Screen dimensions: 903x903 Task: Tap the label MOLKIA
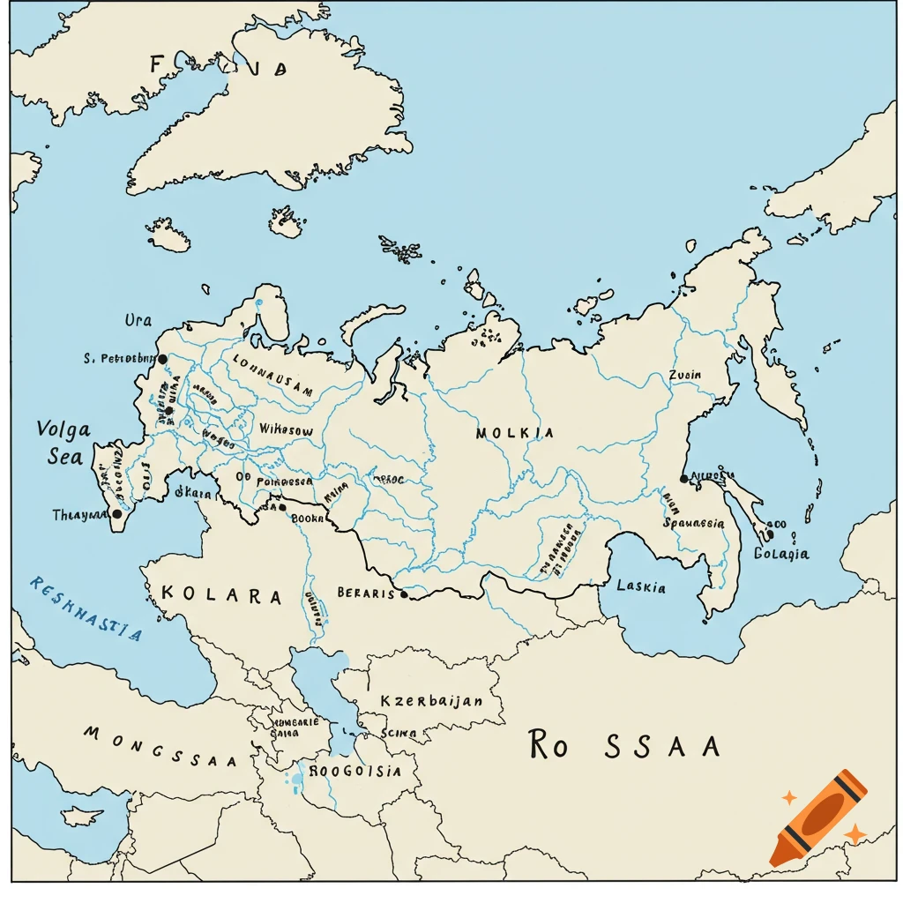(515, 433)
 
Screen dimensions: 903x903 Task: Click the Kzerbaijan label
(431, 701)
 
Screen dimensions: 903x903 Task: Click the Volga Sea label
(63, 443)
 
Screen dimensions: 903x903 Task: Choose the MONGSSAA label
(160, 746)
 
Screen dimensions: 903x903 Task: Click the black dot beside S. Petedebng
(162, 359)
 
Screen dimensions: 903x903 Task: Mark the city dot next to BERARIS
(404, 594)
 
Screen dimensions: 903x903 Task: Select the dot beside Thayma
(116, 513)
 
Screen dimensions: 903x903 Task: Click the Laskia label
(641, 586)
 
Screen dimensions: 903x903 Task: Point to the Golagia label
(781, 554)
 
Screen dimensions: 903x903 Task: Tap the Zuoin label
(685, 375)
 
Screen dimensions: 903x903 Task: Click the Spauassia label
(693, 523)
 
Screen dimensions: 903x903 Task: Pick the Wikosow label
(286, 429)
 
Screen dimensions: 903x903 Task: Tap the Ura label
(138, 320)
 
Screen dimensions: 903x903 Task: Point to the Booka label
(308, 519)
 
